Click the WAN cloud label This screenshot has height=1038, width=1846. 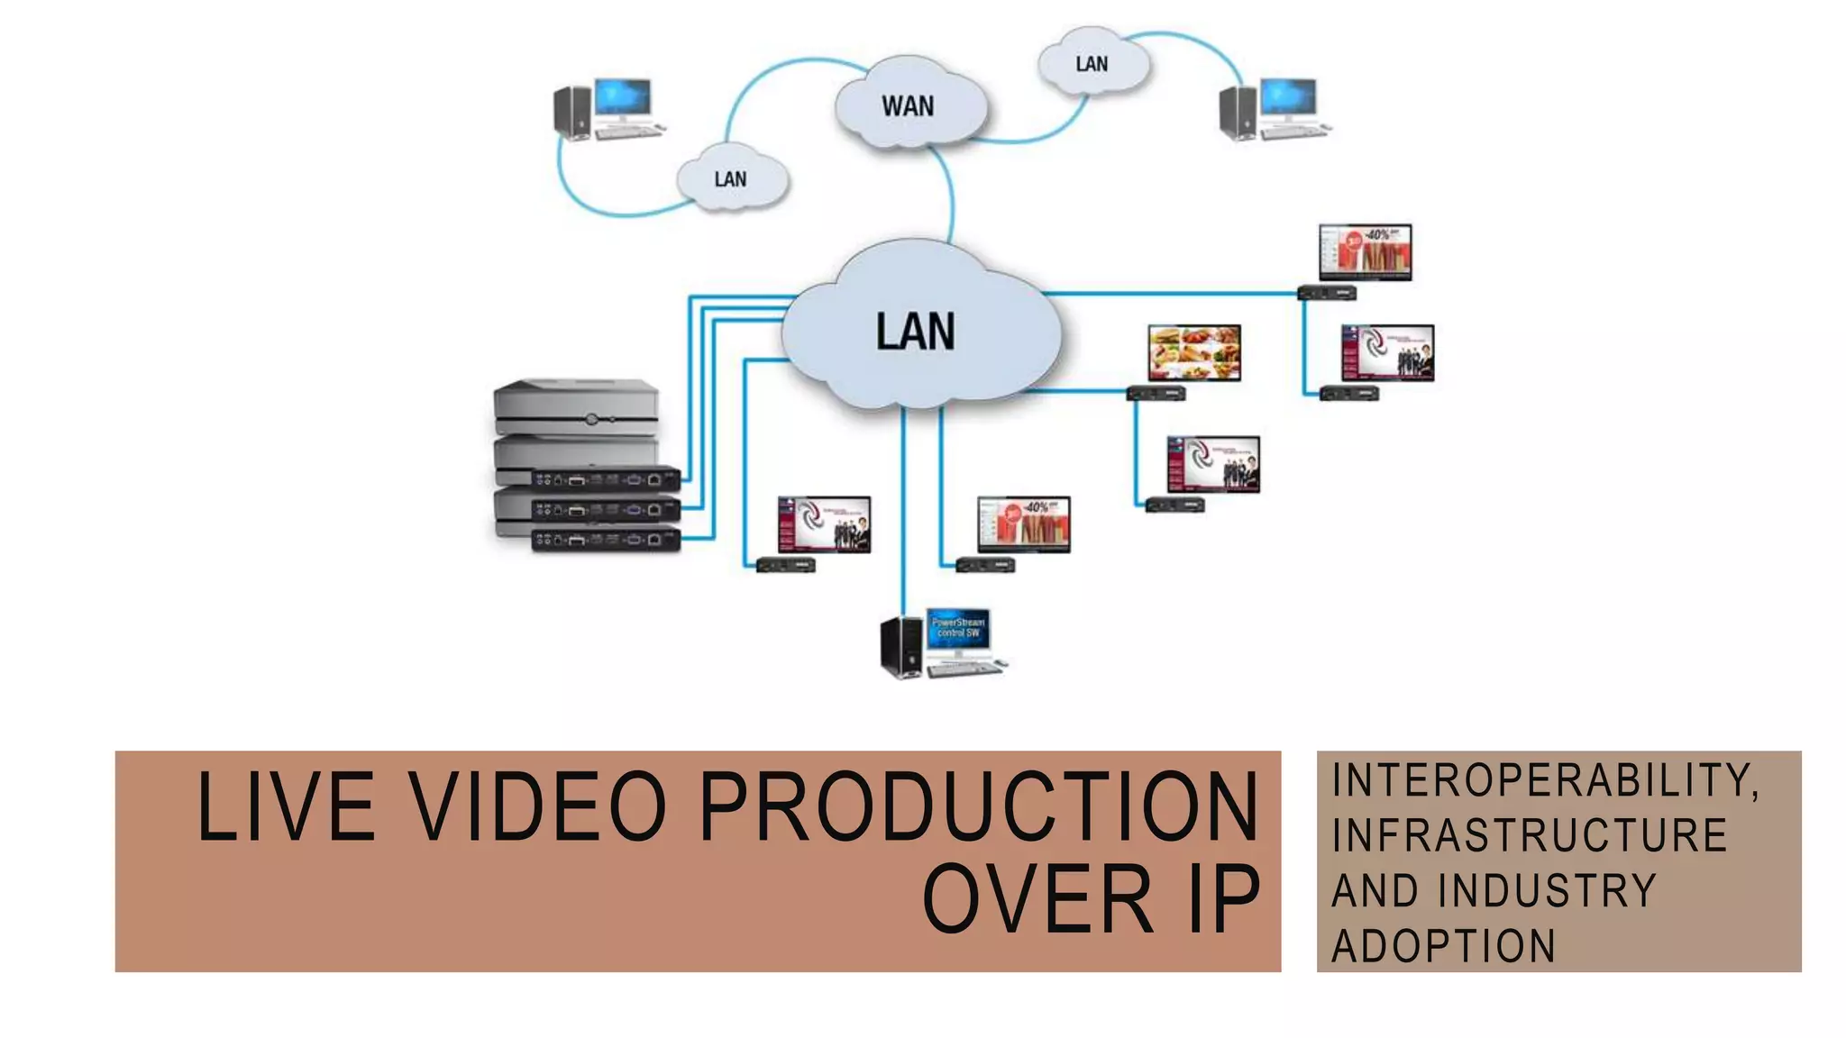tap(908, 106)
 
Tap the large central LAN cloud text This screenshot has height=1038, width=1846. tap(915, 332)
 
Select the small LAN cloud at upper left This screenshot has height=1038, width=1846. tap(731, 179)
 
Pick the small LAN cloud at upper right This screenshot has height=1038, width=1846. tap(1092, 64)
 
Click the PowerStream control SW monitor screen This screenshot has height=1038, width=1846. tap(958, 628)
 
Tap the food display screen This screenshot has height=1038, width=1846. tap(1193, 352)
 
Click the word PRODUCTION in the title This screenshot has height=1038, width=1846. tap(978, 806)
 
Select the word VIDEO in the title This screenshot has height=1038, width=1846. tap(538, 806)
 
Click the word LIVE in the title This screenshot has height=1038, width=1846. tap(286, 806)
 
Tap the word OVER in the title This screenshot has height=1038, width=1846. tap(1038, 898)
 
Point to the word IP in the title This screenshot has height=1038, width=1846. tap(1224, 898)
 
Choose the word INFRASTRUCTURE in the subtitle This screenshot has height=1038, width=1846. tap(1530, 835)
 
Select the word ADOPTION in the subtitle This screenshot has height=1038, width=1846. tap(1444, 946)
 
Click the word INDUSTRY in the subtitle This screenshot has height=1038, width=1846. tap(1548, 891)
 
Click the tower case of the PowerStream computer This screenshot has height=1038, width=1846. tap(900, 646)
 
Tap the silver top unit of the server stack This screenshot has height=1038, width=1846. tap(576, 408)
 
